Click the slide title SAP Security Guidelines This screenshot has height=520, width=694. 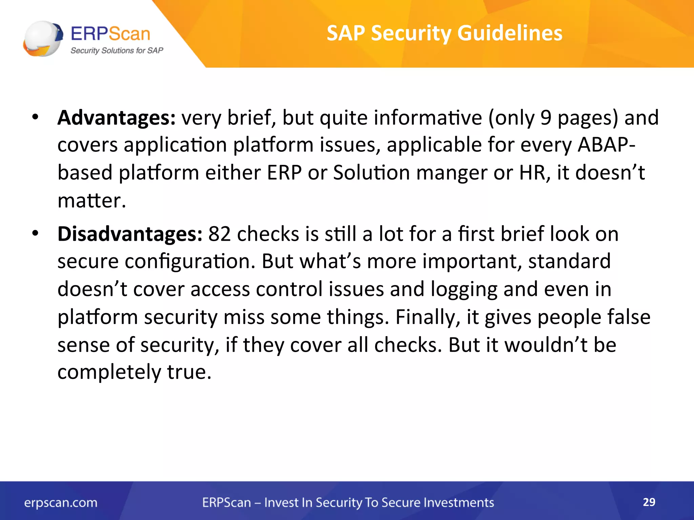point(444,33)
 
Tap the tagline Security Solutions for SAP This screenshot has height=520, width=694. point(117,51)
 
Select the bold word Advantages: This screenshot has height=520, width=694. point(116,118)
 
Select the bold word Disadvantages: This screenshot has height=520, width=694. point(130,234)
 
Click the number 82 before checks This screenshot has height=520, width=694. point(219,234)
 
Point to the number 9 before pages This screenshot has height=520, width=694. point(546,118)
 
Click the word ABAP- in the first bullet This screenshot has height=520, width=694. point(606,145)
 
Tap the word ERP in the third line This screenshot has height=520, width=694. point(284,173)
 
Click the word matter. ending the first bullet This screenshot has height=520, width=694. point(91,200)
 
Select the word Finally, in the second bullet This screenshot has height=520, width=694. point(428,318)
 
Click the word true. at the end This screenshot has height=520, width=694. point(189,372)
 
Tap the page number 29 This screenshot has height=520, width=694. point(649,502)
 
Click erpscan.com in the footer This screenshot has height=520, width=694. point(61,503)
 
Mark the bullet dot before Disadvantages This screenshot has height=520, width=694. point(35,233)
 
